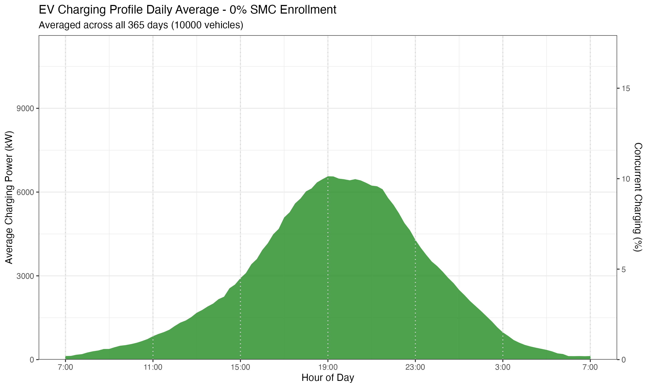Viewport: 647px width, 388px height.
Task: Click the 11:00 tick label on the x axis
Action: click(153, 367)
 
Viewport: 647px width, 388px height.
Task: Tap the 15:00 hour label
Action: click(240, 367)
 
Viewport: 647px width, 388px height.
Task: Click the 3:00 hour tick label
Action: click(503, 367)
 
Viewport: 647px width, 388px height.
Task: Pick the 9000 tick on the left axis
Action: click(25, 108)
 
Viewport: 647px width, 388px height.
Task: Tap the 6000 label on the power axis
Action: click(25, 192)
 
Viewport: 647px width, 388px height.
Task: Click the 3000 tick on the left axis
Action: click(25, 276)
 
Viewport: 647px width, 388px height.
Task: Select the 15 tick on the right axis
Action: click(626, 88)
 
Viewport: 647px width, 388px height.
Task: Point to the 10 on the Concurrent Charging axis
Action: click(626, 179)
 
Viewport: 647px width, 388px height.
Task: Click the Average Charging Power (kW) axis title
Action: click(9, 197)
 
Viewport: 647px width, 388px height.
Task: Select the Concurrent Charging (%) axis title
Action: click(638, 197)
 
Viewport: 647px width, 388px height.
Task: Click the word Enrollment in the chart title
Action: click(308, 10)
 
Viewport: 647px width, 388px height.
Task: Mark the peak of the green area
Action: click(330, 177)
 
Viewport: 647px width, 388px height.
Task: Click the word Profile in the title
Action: click(126, 10)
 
